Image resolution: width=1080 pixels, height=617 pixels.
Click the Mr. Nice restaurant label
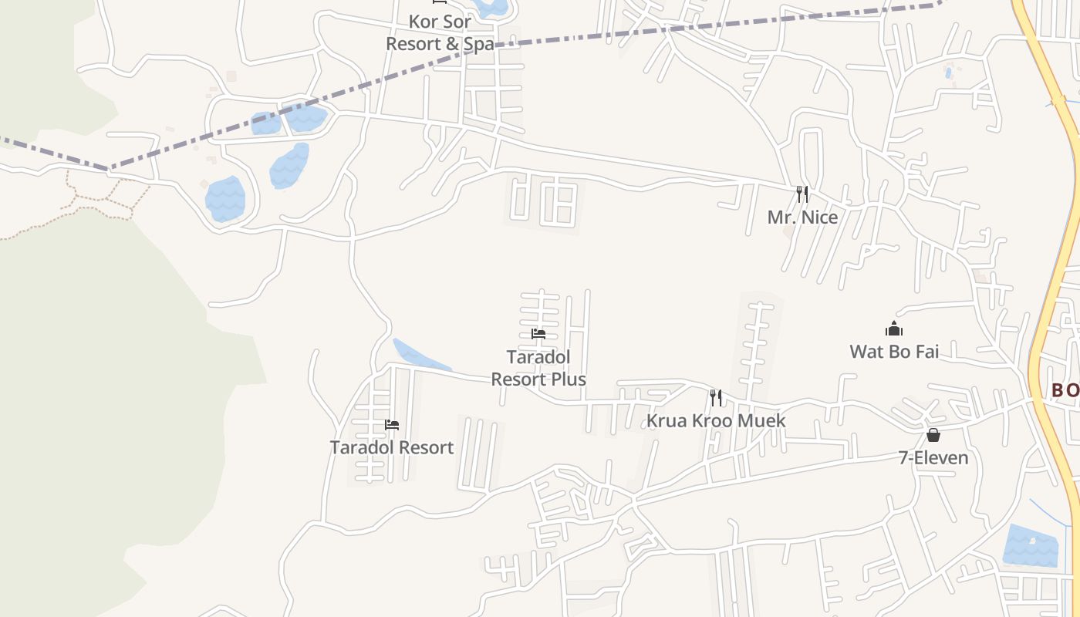[802, 217]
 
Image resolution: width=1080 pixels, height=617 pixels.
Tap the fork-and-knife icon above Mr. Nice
[802, 194]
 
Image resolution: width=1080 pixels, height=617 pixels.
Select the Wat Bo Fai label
[894, 352]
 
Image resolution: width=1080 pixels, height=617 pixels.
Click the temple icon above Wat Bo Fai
[894, 329]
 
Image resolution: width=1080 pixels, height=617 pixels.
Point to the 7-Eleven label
[933, 458]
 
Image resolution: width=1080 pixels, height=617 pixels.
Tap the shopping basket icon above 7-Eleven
[933, 435]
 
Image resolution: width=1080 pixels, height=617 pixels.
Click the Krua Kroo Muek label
[716, 420]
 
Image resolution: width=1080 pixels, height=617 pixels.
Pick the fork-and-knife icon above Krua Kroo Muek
[716, 398]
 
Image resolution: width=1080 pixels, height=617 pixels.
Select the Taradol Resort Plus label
[538, 368]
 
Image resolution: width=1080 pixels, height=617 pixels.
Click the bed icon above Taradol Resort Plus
[538, 334]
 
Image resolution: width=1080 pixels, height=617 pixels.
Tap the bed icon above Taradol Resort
[392, 425]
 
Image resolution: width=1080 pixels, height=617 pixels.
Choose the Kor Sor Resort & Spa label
[440, 32]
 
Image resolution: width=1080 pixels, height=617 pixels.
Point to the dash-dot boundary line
[586, 35]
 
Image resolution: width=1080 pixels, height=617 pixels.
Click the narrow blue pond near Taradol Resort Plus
[417, 356]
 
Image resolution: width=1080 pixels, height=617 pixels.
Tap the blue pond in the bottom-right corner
[1030, 546]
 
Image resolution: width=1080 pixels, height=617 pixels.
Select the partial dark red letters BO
[1065, 391]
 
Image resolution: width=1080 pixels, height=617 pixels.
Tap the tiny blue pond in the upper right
[948, 73]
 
